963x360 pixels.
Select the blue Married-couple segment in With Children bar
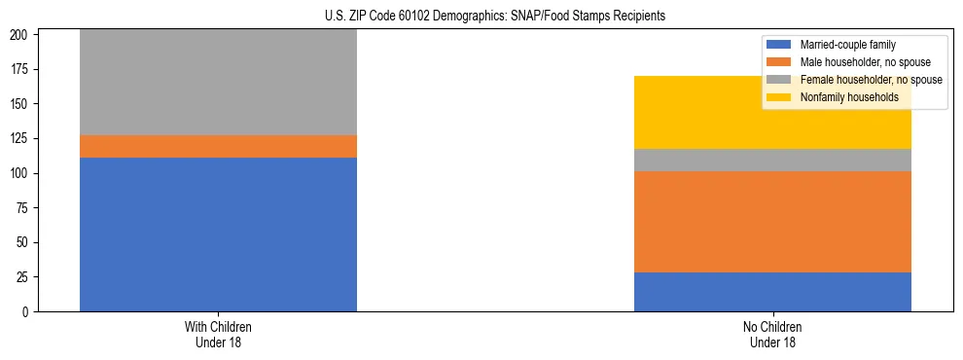tap(218, 234)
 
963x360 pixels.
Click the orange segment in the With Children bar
tap(218, 146)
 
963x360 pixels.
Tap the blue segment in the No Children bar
tap(772, 292)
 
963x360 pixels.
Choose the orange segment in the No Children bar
tap(772, 222)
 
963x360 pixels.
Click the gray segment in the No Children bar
tap(772, 160)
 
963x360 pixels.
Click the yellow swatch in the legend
tap(780, 97)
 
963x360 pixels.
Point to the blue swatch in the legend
tap(780, 45)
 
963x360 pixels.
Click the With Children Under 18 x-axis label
tap(218, 334)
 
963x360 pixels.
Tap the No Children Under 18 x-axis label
tap(772, 334)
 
